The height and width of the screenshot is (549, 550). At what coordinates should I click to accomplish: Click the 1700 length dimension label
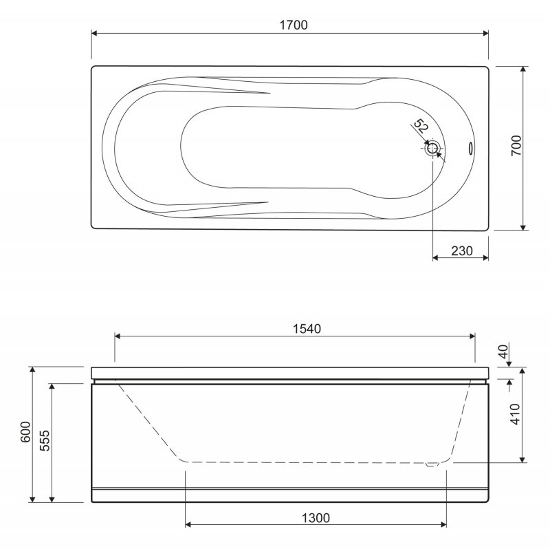point(294,25)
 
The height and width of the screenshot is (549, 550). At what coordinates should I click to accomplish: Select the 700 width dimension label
point(516,146)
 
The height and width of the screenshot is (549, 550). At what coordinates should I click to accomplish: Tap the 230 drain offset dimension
point(462,251)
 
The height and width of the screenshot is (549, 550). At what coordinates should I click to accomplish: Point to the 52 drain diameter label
point(421,126)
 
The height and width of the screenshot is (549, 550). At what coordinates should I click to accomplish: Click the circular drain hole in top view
point(433,148)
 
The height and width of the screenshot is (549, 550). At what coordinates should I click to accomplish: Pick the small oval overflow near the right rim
point(470,148)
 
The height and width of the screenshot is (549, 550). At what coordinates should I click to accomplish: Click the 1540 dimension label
point(307,329)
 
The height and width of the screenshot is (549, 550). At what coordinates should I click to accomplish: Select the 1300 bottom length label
point(316,518)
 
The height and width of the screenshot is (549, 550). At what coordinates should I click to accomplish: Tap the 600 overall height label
point(25,432)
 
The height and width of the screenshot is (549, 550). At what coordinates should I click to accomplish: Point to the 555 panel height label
point(45,440)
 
